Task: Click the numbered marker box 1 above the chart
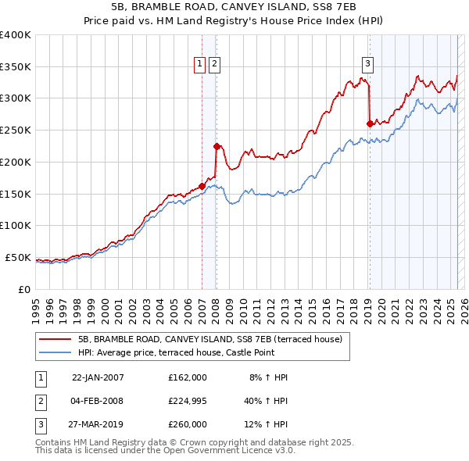tap(200, 65)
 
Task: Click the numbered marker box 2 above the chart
tap(214, 65)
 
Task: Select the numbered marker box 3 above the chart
tap(367, 65)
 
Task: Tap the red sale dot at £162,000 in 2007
tap(202, 186)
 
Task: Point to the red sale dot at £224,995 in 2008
tap(217, 146)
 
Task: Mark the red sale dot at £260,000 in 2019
tap(370, 123)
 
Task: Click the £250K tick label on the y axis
tap(15, 130)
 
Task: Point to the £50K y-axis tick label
tap(18, 257)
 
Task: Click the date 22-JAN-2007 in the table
tap(98, 377)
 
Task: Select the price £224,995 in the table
tap(187, 401)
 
